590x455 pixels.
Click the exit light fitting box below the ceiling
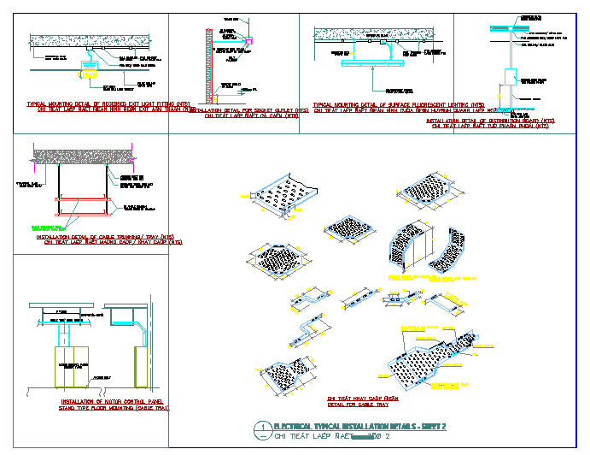coord(88,64)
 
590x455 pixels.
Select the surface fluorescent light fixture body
coord(368,62)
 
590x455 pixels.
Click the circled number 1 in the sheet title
coord(265,426)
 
